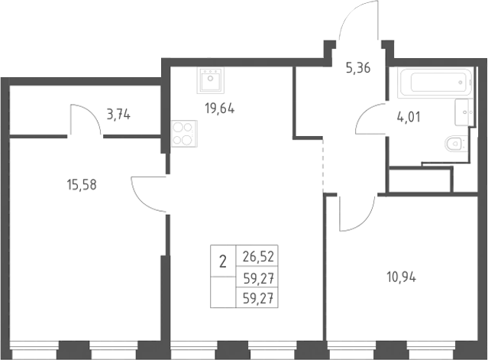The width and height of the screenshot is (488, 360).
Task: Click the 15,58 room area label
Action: click(82, 185)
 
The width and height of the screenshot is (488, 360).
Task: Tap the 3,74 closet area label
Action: click(118, 115)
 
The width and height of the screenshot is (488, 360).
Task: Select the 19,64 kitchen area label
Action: click(219, 109)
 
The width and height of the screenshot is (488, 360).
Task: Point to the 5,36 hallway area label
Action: click(358, 68)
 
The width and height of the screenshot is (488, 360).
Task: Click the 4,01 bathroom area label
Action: click(409, 117)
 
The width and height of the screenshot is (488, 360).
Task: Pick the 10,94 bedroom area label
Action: click(401, 277)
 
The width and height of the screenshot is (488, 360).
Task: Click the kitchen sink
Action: click(210, 80)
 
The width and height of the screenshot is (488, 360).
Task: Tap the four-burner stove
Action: click(184, 134)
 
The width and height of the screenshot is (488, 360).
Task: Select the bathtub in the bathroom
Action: click(435, 83)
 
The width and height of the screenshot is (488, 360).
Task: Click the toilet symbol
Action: click(455, 144)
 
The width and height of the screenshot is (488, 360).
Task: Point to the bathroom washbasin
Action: click(464, 112)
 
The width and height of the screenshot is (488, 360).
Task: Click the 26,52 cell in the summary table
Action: click(259, 257)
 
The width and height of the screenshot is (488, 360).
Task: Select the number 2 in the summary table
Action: click(223, 261)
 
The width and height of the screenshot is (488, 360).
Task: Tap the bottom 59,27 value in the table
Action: click(259, 299)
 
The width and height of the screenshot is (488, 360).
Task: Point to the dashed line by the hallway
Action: click(323, 165)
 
